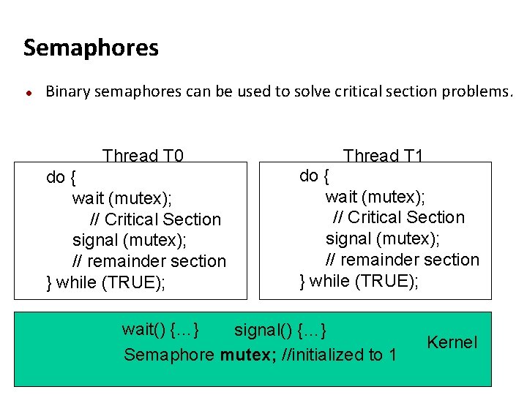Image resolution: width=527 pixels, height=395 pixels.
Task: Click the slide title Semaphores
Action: pos(91,48)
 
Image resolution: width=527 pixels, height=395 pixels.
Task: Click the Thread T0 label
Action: pos(143,156)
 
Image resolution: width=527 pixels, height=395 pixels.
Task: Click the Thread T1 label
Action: pos(383,156)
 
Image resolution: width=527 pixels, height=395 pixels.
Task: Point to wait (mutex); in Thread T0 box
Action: pos(122,198)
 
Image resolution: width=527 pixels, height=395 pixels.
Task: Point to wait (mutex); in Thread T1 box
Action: pos(375,196)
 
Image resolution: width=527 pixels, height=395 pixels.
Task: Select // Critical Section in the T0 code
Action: pos(155,219)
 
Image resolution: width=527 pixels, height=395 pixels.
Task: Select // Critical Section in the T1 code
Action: pos(398,217)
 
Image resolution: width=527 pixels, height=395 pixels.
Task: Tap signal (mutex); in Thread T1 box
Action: pos(383,238)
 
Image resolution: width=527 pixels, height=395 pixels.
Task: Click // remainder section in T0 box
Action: pos(149,261)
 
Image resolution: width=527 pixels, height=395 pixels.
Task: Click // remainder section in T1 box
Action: pos(403,260)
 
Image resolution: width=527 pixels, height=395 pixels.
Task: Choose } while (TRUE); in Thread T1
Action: pos(359,281)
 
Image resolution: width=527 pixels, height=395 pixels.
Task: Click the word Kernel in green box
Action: pos(452,342)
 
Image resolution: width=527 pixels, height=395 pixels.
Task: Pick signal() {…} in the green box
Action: pos(280,330)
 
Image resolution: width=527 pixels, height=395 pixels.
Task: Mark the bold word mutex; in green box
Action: pos(246,355)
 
